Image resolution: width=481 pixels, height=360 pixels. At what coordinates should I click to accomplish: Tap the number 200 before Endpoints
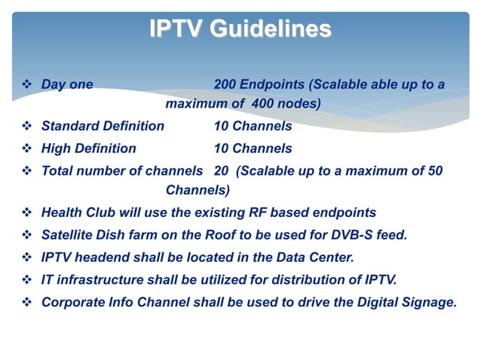225,84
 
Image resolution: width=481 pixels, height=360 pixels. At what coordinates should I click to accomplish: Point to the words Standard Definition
102,126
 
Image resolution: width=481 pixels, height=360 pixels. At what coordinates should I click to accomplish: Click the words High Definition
88,148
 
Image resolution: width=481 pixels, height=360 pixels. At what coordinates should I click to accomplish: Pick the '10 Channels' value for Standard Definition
253,126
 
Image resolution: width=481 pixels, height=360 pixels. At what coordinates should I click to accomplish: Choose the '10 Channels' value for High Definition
253,148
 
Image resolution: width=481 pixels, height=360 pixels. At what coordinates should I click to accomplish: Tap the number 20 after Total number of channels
222,171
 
